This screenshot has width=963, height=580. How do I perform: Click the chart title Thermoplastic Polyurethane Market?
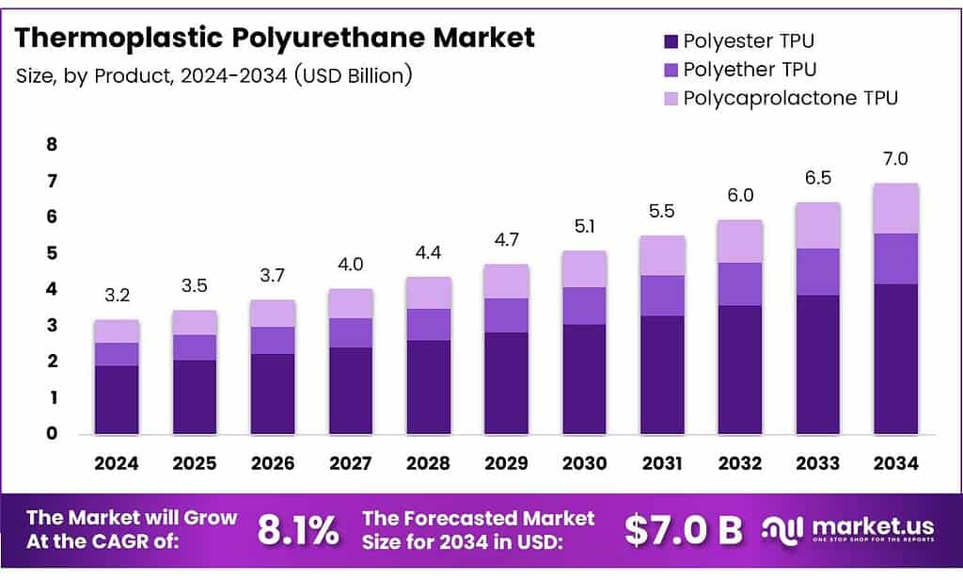coord(275,38)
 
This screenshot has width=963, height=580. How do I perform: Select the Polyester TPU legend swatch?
coord(671,41)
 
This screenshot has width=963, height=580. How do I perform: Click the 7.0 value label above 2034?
coord(895,159)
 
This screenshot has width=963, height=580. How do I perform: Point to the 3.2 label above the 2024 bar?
coord(117,296)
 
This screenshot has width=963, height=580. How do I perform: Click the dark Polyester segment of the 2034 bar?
coord(895,359)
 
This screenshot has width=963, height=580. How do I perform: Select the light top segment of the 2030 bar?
coord(584,269)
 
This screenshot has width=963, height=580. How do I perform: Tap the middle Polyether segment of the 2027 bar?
coord(351,332)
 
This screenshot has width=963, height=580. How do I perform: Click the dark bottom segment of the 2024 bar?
coord(117,400)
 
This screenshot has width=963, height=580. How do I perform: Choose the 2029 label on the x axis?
coord(506,463)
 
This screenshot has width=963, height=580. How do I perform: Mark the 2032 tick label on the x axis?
coord(740,463)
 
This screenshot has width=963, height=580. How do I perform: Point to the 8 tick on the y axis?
coord(53,145)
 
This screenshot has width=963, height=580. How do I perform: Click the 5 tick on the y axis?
coord(53,253)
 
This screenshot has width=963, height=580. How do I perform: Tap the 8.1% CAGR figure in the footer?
coord(297,531)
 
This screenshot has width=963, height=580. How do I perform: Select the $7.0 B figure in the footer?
coord(683,531)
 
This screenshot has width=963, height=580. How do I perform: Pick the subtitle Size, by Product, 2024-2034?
coord(214,75)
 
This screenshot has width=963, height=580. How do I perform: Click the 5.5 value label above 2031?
coord(662,213)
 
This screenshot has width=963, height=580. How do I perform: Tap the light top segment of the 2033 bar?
coord(817,226)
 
